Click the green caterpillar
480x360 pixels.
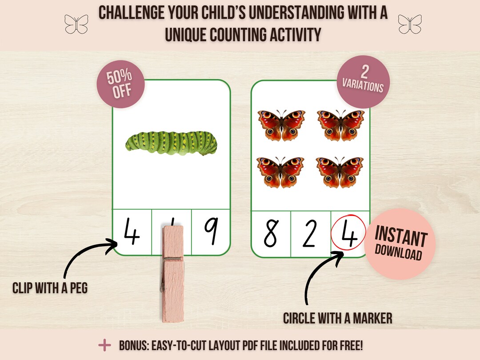(x=172, y=141)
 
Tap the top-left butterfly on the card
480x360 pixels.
(x=280, y=124)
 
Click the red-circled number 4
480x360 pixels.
(x=348, y=233)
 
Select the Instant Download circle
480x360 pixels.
(x=400, y=243)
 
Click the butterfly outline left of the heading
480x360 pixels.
(x=76, y=24)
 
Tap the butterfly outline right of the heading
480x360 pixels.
(x=409, y=24)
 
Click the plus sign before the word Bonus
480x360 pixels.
(x=104, y=345)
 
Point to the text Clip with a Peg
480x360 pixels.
(x=50, y=288)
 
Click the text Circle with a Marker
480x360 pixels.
(x=338, y=318)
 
